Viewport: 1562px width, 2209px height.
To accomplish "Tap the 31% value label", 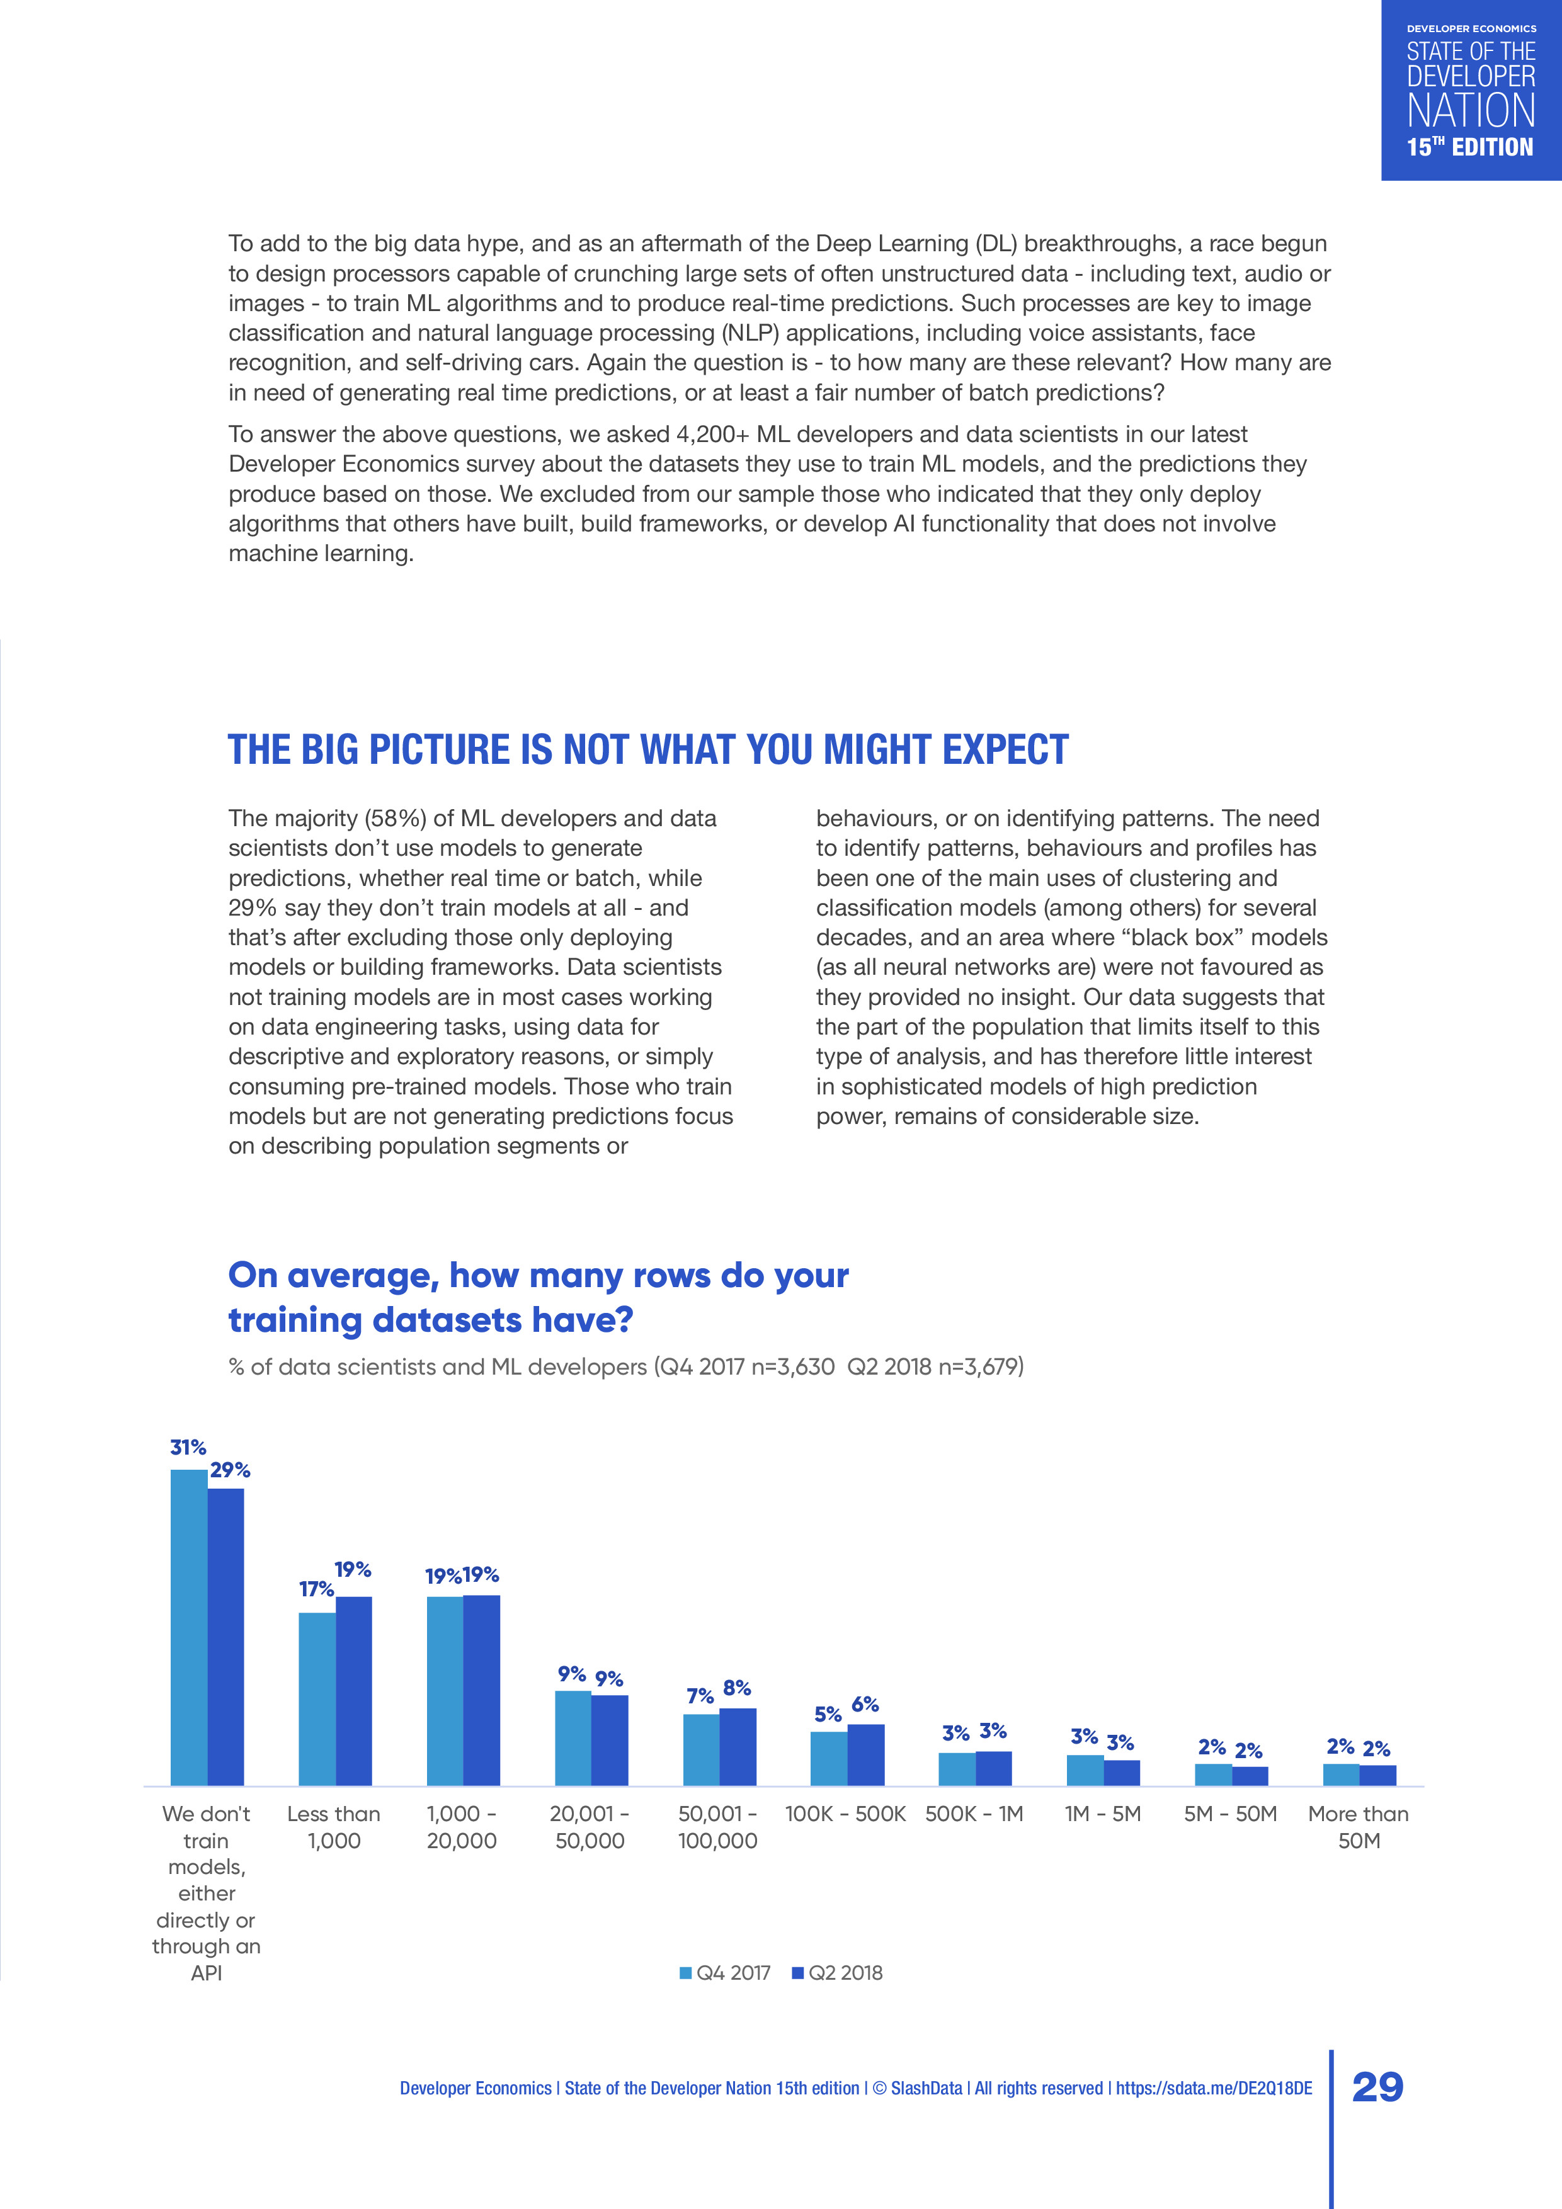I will point(188,1447).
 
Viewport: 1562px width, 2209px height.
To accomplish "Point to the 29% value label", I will point(230,1470).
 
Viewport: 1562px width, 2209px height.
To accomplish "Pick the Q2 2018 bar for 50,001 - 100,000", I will point(738,1747).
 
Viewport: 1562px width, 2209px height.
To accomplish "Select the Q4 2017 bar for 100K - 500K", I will point(829,1759).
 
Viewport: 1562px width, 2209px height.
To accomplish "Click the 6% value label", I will point(865,1704).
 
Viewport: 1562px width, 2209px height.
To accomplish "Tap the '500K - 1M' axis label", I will point(974,1814).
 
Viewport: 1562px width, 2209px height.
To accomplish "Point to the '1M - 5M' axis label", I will point(1102,1814).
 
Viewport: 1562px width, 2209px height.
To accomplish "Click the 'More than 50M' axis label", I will point(1358,1827).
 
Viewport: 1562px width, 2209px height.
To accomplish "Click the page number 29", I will point(1377,2087).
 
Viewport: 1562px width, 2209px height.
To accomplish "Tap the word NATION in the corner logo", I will point(1471,111).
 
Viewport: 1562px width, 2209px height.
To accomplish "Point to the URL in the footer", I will point(1214,2087).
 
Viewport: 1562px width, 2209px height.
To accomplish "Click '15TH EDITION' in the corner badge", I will point(1469,147).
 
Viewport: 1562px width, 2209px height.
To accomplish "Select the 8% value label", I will point(737,1688).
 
